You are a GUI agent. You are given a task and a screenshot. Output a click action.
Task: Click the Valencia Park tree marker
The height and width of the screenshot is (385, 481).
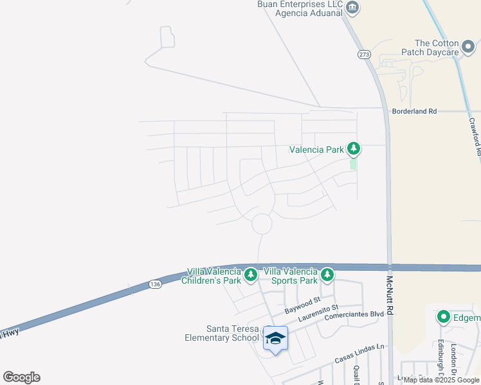tap(353, 149)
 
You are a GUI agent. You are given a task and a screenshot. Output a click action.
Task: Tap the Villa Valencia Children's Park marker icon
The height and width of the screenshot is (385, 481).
tap(251, 275)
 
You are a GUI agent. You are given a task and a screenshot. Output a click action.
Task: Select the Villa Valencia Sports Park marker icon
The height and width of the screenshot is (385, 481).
tap(327, 275)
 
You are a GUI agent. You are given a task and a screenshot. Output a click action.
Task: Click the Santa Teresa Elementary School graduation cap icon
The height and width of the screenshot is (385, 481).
tap(275, 338)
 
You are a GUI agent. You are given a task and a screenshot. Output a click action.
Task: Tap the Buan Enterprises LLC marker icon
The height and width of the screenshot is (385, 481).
tap(352, 8)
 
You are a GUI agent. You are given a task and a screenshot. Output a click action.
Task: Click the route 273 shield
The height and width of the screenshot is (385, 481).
tap(365, 55)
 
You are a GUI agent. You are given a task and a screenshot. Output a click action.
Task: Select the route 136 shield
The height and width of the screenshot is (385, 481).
tap(154, 284)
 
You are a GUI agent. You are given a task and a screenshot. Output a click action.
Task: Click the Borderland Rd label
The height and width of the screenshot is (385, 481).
tap(414, 111)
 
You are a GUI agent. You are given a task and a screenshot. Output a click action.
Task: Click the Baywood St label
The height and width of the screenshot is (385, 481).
tap(303, 305)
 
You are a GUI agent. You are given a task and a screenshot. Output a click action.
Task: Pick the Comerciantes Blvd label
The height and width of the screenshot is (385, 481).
tap(354, 315)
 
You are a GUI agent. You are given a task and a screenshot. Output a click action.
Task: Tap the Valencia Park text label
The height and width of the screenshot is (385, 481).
tap(316, 150)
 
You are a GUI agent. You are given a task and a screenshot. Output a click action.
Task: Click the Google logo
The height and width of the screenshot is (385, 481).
tap(21, 377)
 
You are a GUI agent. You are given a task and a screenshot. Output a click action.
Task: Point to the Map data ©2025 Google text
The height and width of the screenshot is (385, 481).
tap(441, 380)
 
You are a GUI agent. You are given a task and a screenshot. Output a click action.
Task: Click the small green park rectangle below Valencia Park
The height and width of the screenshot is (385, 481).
tap(353, 164)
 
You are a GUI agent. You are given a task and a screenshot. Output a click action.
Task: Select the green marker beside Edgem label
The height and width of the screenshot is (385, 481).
tap(443, 317)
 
